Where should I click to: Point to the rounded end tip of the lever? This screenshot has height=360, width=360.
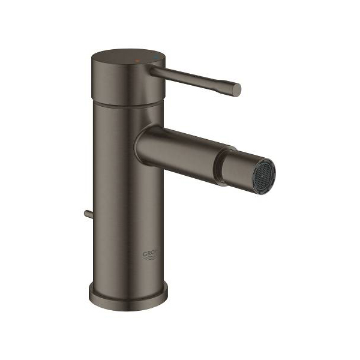point(236,90)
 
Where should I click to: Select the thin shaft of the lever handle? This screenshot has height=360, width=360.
point(192,80)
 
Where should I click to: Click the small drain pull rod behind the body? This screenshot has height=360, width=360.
point(88,213)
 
